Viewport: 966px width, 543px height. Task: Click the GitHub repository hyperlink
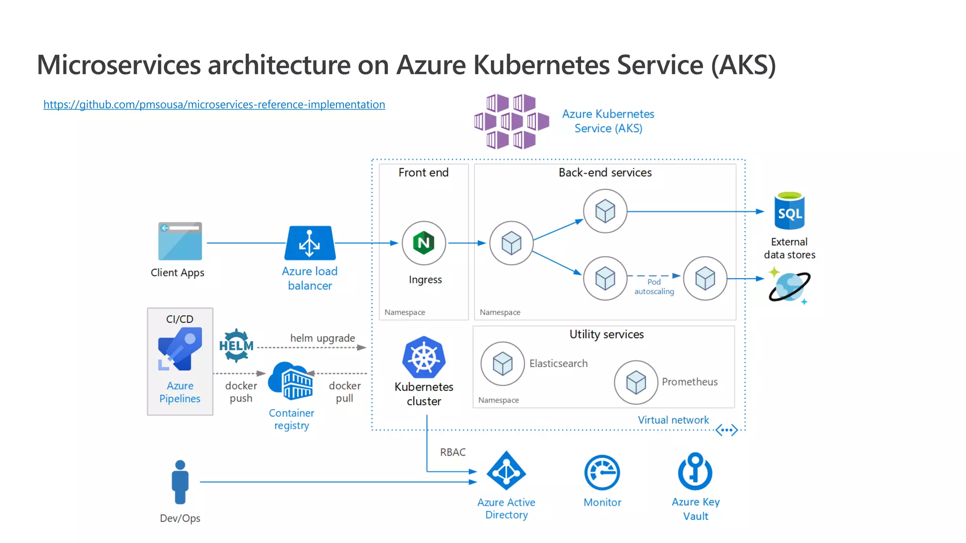(x=214, y=104)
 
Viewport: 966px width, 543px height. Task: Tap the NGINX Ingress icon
(x=424, y=243)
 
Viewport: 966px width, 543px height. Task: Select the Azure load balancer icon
(x=310, y=243)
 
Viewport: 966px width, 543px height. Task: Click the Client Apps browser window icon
(x=180, y=241)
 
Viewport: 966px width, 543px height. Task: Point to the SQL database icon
(x=789, y=212)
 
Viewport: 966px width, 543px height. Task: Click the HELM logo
(x=236, y=346)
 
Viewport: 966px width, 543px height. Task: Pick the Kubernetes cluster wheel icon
(x=424, y=357)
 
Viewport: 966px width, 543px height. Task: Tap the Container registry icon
(x=291, y=381)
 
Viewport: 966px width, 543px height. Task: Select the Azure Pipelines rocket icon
(x=180, y=349)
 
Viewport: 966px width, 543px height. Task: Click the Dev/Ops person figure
(x=180, y=482)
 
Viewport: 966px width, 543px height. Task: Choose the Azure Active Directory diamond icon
(x=506, y=471)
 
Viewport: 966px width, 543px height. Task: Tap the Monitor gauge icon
(x=602, y=472)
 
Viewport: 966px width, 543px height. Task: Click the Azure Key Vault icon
(x=695, y=471)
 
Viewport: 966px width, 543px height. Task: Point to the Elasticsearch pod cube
(x=502, y=364)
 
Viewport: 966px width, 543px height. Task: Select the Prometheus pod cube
(x=636, y=382)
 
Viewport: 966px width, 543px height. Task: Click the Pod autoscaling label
(x=654, y=287)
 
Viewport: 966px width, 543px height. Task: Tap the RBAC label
(x=453, y=452)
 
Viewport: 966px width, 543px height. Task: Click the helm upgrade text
(x=323, y=338)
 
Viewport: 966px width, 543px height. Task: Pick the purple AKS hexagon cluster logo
(x=511, y=122)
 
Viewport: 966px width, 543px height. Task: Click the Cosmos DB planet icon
(x=790, y=287)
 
